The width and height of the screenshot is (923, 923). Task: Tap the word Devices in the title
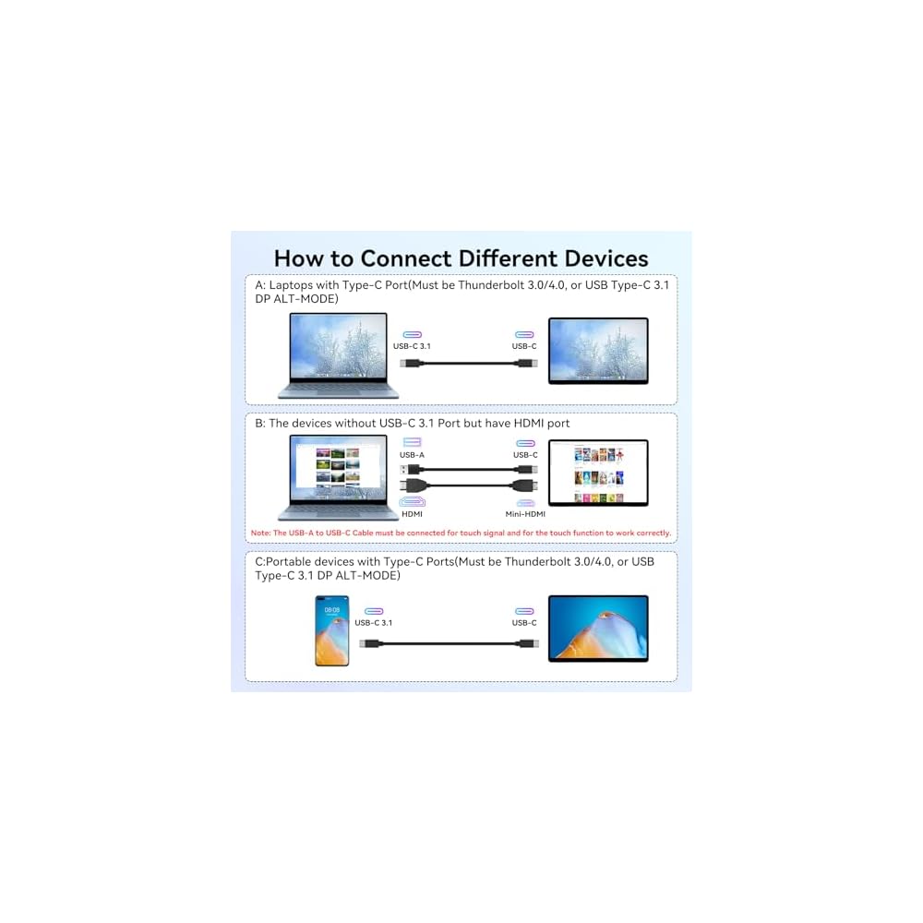coord(600,258)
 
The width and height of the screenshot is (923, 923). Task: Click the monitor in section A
coord(598,350)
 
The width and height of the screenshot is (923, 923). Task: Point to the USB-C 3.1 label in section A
coord(412,346)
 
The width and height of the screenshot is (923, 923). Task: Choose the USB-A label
coord(412,455)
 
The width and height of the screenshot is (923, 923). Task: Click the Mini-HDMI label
coord(525,514)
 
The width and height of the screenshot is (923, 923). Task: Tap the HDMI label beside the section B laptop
coord(413,514)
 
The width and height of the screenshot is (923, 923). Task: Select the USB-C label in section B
coord(525,455)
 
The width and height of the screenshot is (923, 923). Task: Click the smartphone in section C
coord(332,630)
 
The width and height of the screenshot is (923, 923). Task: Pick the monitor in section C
coord(598,628)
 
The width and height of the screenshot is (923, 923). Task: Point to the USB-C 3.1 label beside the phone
coord(374,623)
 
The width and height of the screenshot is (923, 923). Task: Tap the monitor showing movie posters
coord(598,472)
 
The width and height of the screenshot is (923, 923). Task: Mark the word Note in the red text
coord(260,533)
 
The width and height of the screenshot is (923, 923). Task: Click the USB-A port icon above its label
coord(412,443)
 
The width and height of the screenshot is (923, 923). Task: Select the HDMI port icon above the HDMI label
coord(413,502)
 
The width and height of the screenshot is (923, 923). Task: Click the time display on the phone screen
coord(332,610)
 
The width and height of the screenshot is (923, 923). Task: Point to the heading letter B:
coord(260,424)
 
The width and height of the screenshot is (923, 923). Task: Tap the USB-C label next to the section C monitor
coord(525,623)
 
